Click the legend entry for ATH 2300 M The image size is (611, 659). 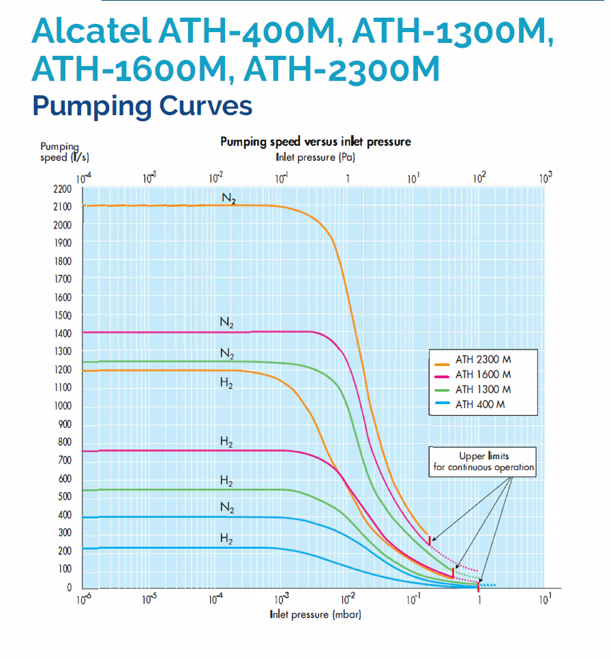coord(483,358)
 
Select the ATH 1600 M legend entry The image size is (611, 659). coord(483,374)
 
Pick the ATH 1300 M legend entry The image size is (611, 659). coord(483,389)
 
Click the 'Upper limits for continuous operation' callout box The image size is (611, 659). coord(483,462)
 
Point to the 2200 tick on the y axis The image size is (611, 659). coord(62,189)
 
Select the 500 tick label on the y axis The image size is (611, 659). coord(62,497)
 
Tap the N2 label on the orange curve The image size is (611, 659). coord(228,198)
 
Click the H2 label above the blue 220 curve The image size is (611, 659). coord(227,540)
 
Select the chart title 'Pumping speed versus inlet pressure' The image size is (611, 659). coord(315,142)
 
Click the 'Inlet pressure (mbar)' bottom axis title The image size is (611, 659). coord(315,615)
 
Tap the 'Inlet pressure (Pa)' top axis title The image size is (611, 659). coord(315,157)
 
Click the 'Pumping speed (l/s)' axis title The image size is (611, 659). coord(60,152)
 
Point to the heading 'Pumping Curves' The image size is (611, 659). coord(143,106)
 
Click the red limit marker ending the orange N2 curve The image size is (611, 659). coord(430,540)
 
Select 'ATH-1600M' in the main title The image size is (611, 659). coord(132,70)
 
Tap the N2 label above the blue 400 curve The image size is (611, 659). coord(227,508)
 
